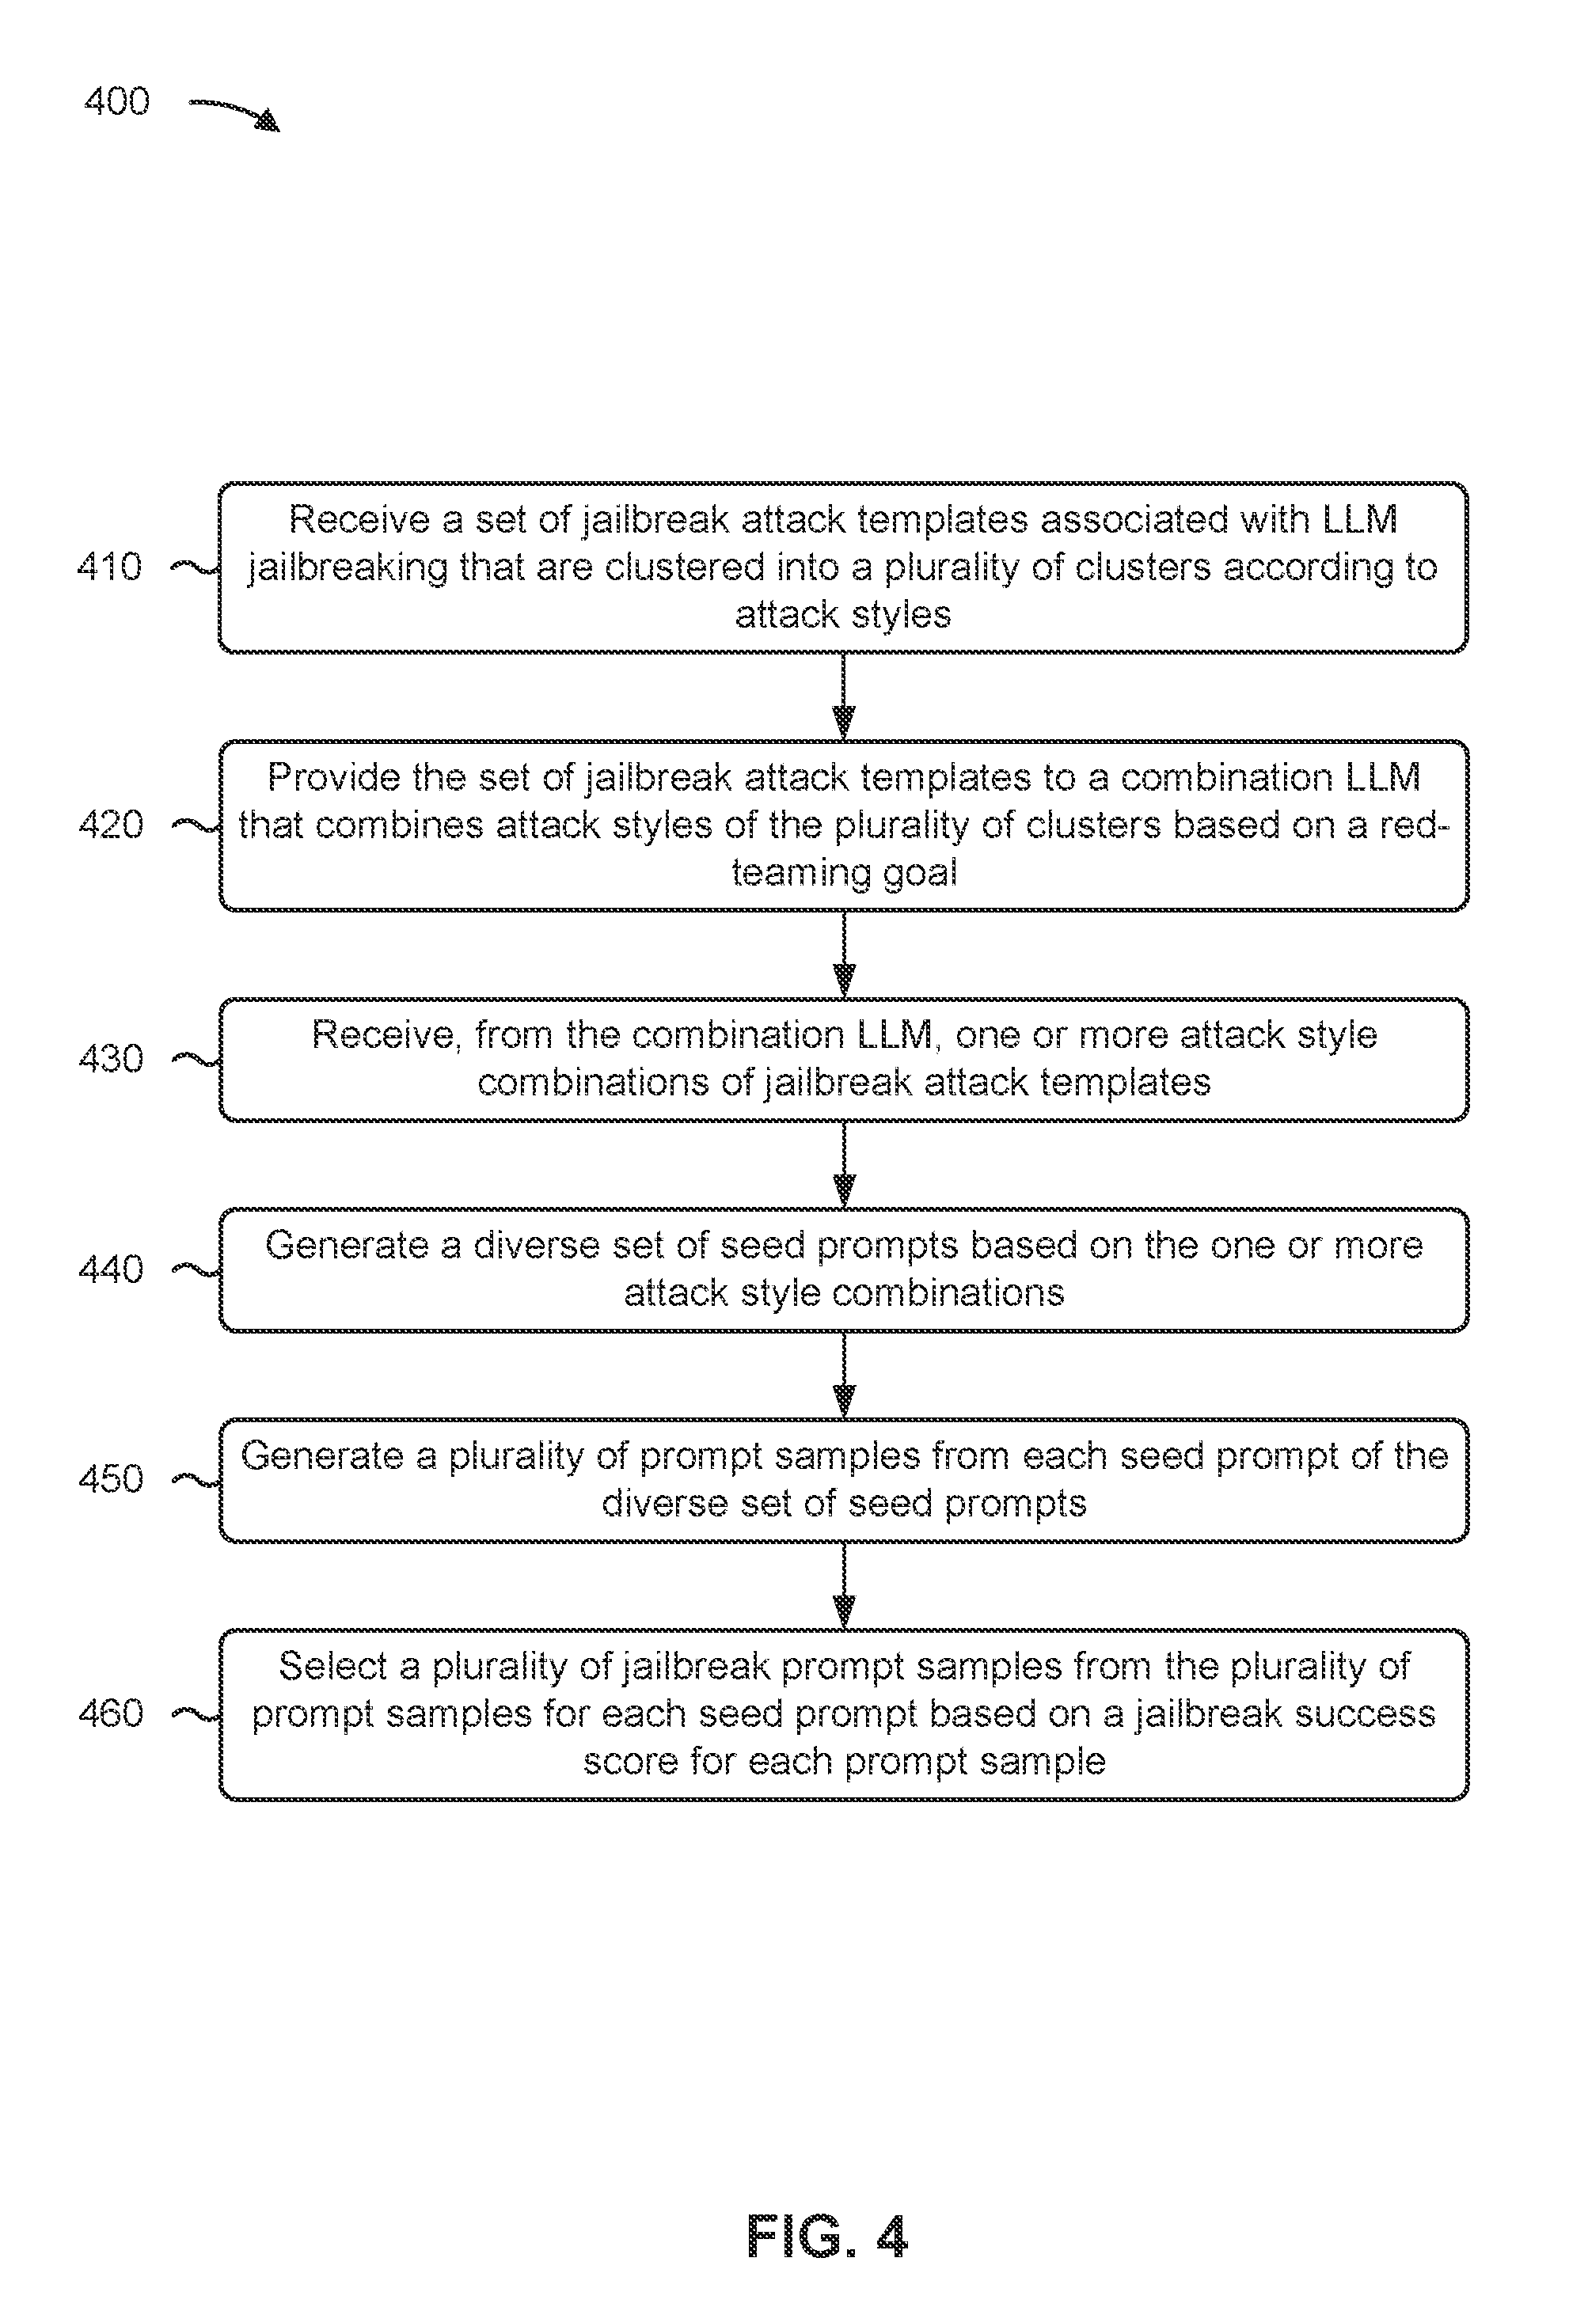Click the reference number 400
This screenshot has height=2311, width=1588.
click(x=116, y=101)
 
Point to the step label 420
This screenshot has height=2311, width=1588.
click(x=111, y=825)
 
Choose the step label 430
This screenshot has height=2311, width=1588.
click(x=111, y=1058)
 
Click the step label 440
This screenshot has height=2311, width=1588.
click(x=111, y=1269)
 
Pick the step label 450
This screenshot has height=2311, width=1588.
click(x=111, y=1479)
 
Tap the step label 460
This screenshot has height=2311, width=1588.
click(x=111, y=1713)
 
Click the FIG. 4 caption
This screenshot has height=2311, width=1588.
click(x=826, y=2237)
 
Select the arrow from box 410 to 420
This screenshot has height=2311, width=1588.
click(x=844, y=696)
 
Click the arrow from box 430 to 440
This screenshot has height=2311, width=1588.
click(x=844, y=1165)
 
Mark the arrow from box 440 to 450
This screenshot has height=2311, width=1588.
click(x=844, y=1375)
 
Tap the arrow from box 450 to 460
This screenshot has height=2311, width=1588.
click(x=844, y=1586)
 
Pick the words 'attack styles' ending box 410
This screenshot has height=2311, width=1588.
click(x=843, y=615)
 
